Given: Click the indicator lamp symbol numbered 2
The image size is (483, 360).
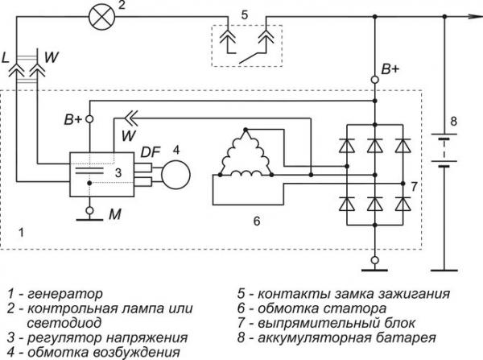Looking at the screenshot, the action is pos(101,16).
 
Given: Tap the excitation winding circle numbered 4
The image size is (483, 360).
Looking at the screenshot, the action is pos(175,175).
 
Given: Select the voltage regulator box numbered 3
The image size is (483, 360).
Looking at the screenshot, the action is pos(102,175).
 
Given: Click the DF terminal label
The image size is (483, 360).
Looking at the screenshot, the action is pos(151,151).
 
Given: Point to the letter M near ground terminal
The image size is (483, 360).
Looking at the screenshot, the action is pos(114,214).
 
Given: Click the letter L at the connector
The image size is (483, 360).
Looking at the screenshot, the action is pos(6,58).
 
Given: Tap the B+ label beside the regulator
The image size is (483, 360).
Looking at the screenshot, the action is pos(73,119).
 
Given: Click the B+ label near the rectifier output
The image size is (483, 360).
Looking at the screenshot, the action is pos(390,69).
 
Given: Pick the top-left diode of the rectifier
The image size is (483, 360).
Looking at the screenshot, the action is pos(347,146).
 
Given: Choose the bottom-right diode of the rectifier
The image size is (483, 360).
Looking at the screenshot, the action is pos(403,204).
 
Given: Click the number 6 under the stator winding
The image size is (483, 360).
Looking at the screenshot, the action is pos(257,221).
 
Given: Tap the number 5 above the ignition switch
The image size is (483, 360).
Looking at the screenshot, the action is pos(244,14).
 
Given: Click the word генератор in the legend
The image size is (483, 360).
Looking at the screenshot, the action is pos(64,294).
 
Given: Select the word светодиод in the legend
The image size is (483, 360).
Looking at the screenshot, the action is pos(64,323).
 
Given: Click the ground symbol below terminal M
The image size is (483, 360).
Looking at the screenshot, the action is pos(89,219).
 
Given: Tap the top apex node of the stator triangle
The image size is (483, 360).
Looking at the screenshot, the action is pos(246,130).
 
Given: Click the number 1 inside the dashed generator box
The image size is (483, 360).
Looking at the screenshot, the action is pos(21,233).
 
